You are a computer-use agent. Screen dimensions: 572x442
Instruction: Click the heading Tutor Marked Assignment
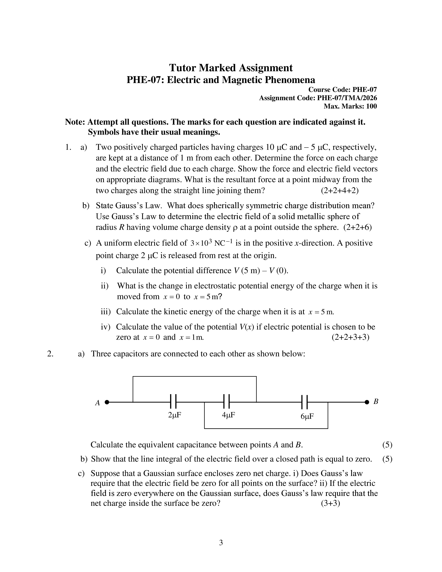point(231,68)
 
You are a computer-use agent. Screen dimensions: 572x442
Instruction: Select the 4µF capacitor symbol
point(227,401)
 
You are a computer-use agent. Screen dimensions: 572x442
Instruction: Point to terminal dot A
point(107,402)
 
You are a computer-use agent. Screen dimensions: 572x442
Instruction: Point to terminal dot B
point(367,402)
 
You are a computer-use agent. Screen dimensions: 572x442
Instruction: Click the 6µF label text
point(307,416)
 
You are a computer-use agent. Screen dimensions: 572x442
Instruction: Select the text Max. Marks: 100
point(350,106)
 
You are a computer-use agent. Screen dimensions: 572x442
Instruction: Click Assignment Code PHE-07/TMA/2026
point(318,98)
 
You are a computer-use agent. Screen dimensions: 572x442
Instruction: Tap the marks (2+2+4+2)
point(340,190)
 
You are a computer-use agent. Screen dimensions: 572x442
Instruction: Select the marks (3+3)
point(330,503)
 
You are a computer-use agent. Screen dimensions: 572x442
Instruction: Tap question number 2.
point(50,354)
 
